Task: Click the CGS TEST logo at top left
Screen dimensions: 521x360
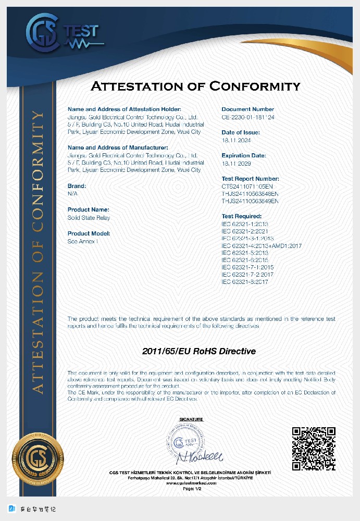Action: tap(61, 33)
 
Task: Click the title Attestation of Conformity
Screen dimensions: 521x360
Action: tap(195, 86)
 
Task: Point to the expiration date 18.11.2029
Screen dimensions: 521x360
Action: tap(237, 164)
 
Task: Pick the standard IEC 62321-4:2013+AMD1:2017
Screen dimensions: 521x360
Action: tap(262, 245)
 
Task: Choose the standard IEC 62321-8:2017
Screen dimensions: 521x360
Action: tap(245, 282)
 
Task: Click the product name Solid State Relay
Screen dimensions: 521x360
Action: tap(89, 218)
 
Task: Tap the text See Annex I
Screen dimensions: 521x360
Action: tap(82, 242)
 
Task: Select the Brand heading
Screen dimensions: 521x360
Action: tap(77, 186)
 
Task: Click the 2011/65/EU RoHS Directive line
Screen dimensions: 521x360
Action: tap(199, 351)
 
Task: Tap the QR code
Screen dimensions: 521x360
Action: tap(313, 449)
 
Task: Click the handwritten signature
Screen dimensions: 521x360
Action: tap(201, 457)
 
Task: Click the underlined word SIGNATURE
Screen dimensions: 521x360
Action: tap(191, 419)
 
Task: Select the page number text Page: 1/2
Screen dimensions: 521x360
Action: tap(191, 489)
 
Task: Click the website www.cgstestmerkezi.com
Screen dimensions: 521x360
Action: tap(191, 483)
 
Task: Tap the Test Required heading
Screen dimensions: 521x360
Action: tap(242, 216)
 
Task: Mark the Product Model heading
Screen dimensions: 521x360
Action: tap(89, 233)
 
